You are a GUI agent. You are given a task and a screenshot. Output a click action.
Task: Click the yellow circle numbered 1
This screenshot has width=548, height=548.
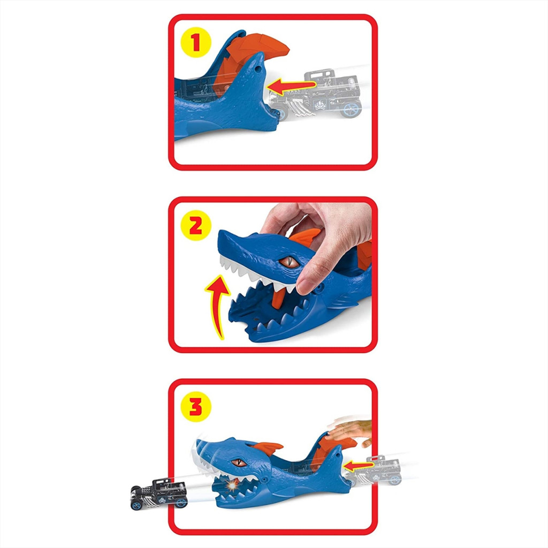[x=196, y=42]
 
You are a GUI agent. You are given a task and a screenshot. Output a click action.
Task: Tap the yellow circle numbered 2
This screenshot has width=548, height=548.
[x=196, y=225]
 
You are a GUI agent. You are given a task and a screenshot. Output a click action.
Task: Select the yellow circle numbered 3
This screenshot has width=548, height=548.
[x=196, y=407]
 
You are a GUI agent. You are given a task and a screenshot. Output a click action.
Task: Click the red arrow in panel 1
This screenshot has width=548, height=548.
[x=292, y=86]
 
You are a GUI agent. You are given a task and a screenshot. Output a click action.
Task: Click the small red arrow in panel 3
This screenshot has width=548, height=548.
[x=359, y=466]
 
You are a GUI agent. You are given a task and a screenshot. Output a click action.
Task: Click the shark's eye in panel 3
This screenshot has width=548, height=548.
[x=239, y=463]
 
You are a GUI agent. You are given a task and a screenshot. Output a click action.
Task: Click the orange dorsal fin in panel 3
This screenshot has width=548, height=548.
[x=268, y=448]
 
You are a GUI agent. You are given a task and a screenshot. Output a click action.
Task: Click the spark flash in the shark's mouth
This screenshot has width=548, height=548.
[x=231, y=486]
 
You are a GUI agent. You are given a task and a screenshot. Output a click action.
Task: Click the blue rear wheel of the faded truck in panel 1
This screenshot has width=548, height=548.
[x=351, y=109]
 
